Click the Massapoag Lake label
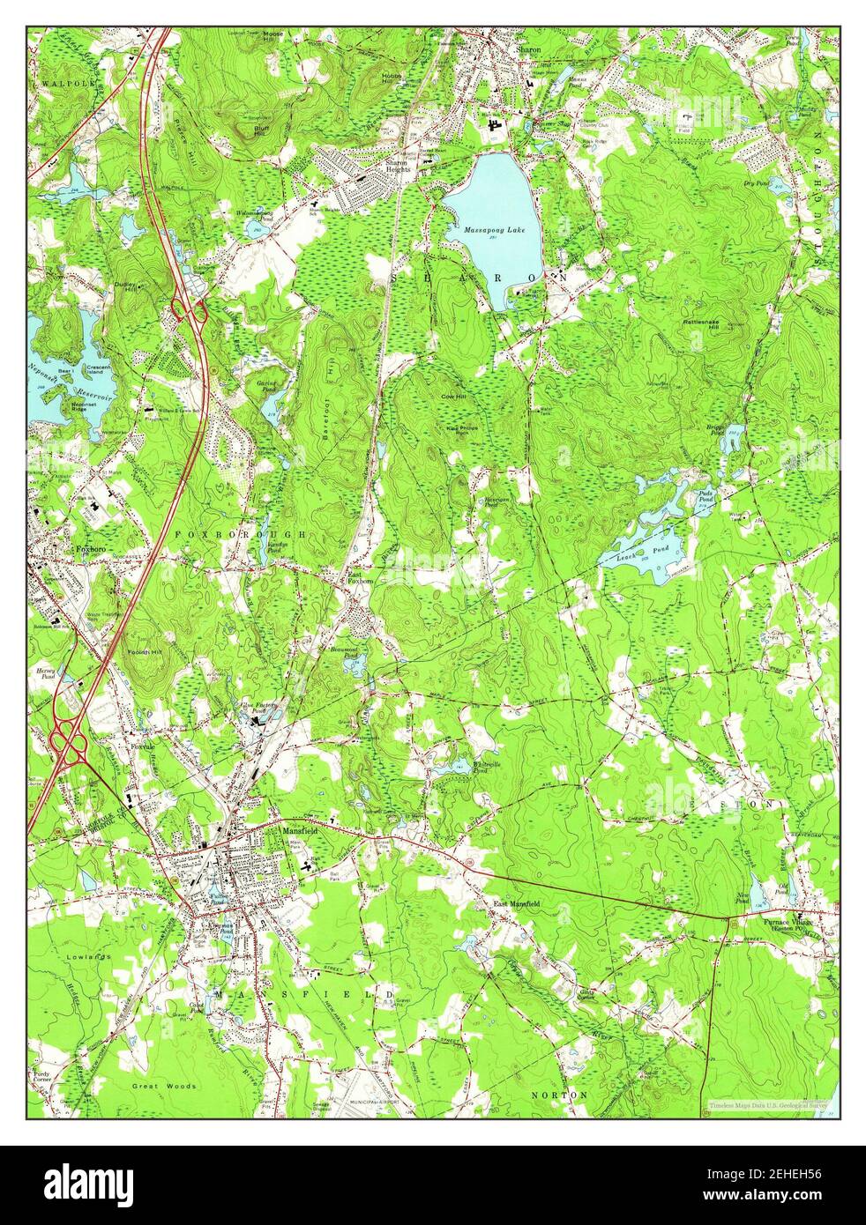493,229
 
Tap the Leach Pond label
646,549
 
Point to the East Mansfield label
517,904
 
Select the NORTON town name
559,1095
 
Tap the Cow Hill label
454,397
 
